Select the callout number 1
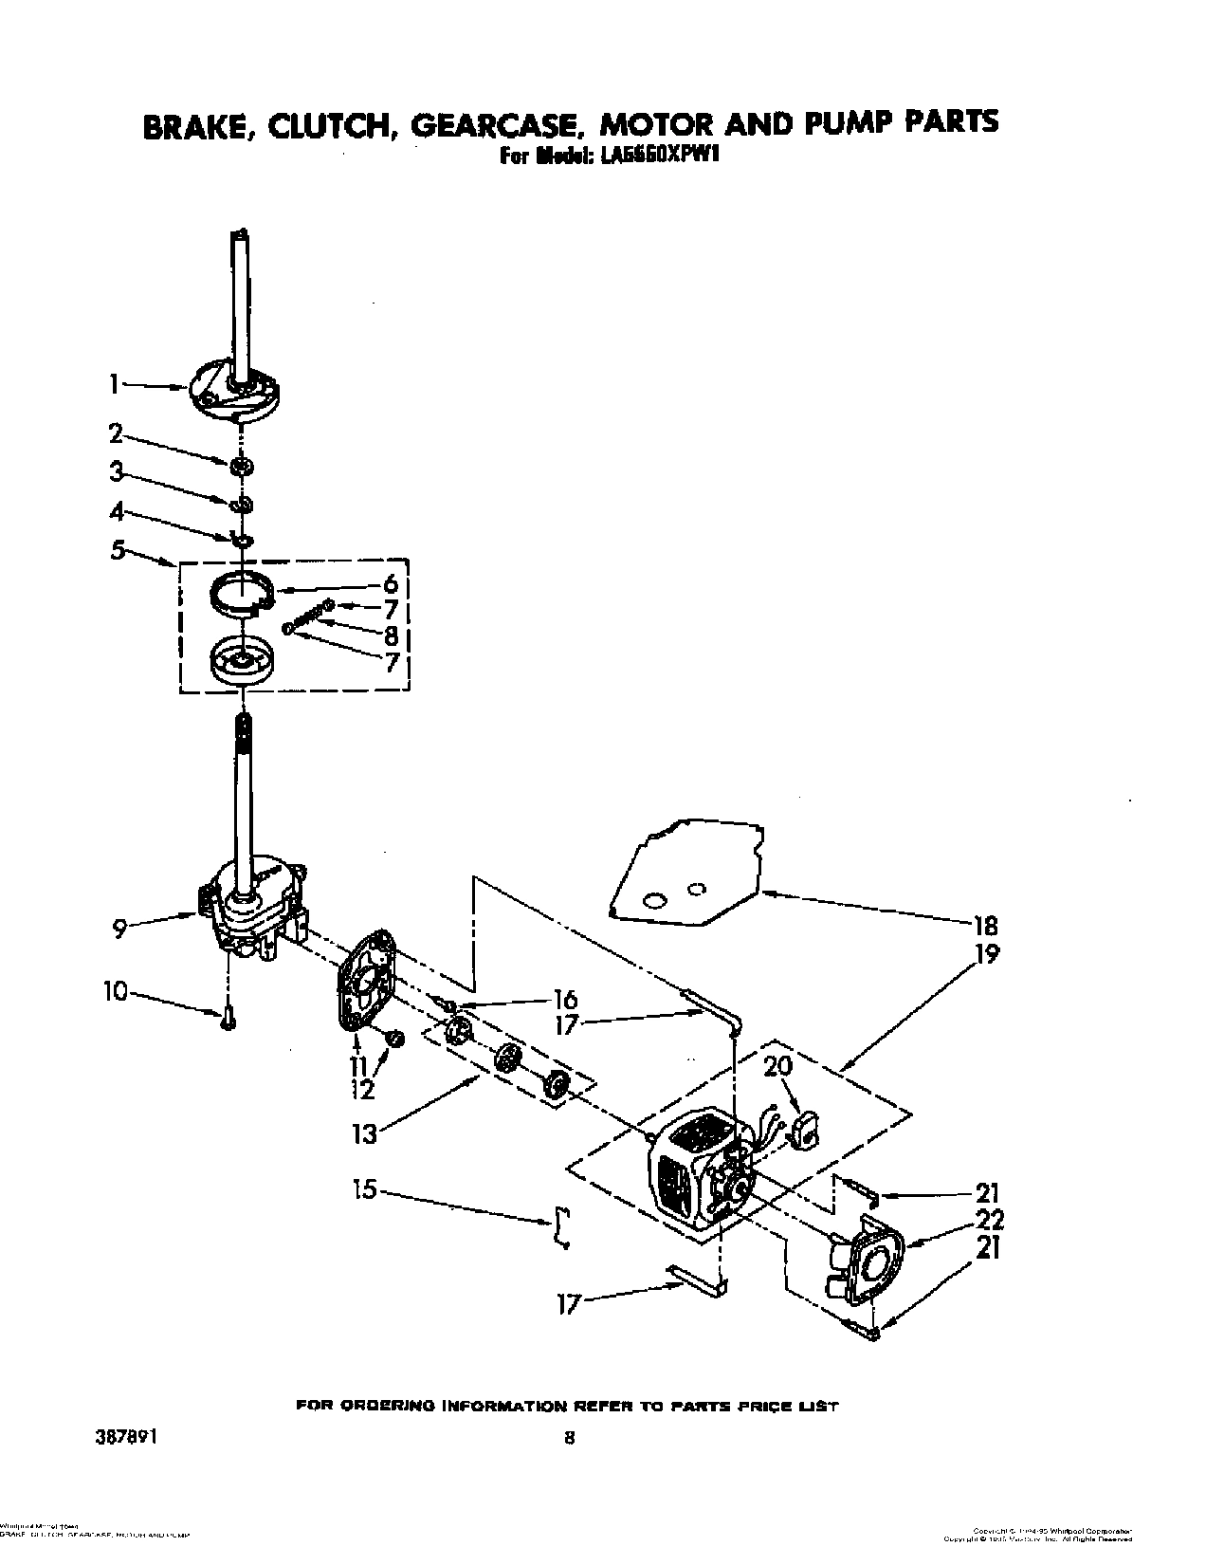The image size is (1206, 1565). point(113,384)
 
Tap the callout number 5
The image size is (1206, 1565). point(118,550)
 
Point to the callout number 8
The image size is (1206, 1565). point(391,635)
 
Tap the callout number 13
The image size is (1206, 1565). point(365,1133)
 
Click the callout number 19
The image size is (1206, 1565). point(986,953)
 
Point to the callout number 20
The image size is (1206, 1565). point(777,1066)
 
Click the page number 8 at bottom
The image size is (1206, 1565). point(569,1437)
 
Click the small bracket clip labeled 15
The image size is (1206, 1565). point(561,1228)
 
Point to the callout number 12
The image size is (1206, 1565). point(362,1091)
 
